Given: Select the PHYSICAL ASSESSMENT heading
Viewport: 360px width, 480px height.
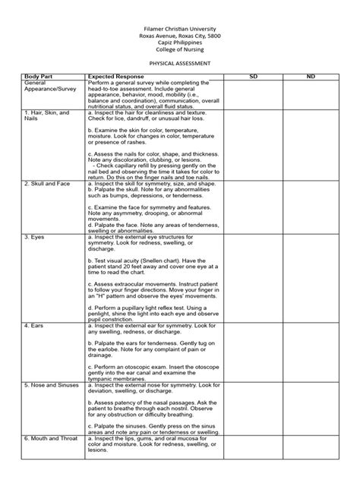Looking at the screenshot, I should tap(179, 64).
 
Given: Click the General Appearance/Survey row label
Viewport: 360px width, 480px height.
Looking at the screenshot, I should tap(46, 86).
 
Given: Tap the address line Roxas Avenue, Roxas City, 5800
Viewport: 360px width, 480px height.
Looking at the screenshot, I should tap(179, 34).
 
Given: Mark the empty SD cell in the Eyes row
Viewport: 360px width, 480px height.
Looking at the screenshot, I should tap(253, 278).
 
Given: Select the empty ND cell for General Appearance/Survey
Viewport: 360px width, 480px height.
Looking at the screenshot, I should tap(311, 95).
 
